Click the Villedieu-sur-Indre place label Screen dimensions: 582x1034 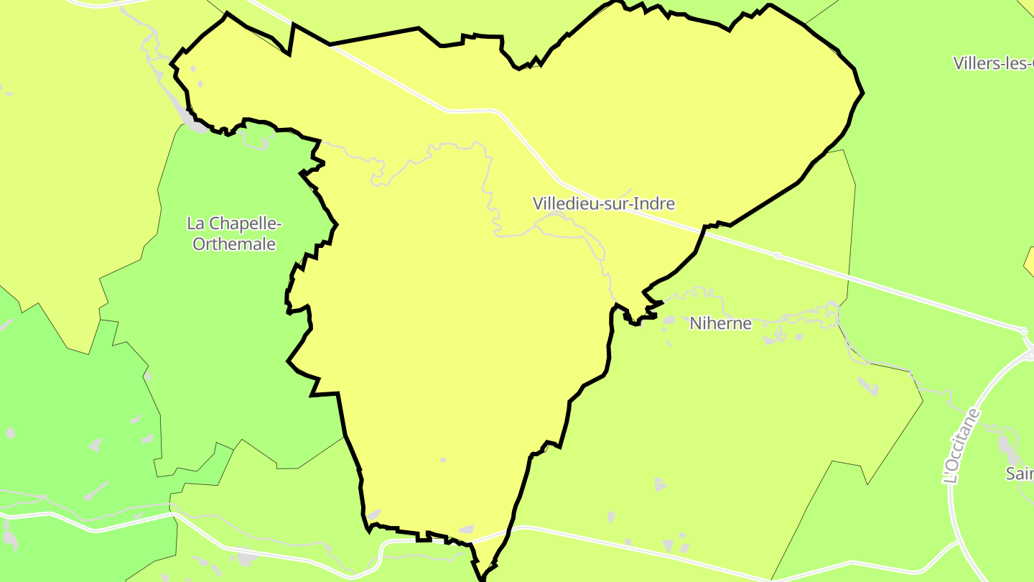pyautogui.click(x=603, y=203)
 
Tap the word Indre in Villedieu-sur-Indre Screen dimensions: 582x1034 pyautogui.click(x=656, y=203)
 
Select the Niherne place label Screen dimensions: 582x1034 pyautogui.click(x=720, y=323)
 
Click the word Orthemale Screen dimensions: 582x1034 pyautogui.click(x=234, y=244)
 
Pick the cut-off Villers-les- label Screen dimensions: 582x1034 pyautogui.click(x=994, y=63)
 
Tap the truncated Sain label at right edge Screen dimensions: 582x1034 pyautogui.click(x=1020, y=474)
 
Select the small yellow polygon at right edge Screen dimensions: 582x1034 pyautogui.click(x=1029, y=262)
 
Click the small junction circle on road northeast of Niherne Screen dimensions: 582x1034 pyautogui.click(x=778, y=255)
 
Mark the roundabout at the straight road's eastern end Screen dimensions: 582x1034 pyautogui.click(x=1023, y=331)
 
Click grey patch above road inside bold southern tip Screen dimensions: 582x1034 pyautogui.click(x=466, y=530)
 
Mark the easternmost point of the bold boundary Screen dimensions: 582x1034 pyautogui.click(x=862, y=92)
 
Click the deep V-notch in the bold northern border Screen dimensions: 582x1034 pyautogui.click(x=291, y=52)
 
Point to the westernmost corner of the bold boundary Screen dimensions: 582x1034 pyautogui.click(x=171, y=65)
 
